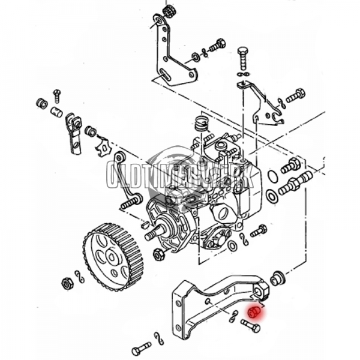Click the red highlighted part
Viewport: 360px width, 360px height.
pos(254,312)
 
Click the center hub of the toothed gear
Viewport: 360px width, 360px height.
pos(112,257)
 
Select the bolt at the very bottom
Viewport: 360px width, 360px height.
pos(141,348)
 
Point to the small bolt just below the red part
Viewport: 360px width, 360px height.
pos(251,326)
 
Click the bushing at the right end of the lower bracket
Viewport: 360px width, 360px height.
pos(277,278)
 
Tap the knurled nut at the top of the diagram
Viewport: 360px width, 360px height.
pos(169,11)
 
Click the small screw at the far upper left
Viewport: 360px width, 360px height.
pos(57,94)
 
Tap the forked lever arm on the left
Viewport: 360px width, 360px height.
pos(74,133)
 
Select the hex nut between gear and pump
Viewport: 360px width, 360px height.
pos(159,254)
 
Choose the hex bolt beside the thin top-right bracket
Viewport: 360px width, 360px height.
pos(295,95)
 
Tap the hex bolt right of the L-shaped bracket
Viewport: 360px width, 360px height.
pos(216,45)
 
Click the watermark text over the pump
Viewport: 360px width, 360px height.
pos(180,174)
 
